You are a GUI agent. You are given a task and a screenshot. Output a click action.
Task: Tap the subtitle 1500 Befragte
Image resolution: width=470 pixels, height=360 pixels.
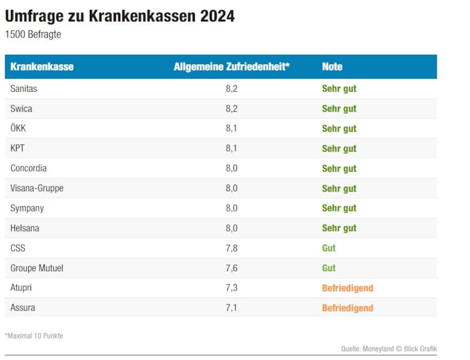tap(32, 34)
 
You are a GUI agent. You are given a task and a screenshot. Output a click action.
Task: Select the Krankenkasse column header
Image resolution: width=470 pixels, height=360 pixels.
tap(42, 67)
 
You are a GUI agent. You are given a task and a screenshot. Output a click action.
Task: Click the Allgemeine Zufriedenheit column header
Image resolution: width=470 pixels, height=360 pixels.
tap(231, 67)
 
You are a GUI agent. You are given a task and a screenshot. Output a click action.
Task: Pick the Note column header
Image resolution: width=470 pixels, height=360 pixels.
tap(332, 67)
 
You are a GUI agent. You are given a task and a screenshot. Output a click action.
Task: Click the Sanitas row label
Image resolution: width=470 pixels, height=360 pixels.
tap(23, 89)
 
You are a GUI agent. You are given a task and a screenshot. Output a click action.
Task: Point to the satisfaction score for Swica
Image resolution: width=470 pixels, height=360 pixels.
tap(231, 109)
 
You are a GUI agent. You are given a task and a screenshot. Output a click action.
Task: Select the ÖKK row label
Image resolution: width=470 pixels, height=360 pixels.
tap(18, 129)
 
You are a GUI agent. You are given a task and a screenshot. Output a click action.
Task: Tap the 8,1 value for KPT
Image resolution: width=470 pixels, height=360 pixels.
tap(231, 148)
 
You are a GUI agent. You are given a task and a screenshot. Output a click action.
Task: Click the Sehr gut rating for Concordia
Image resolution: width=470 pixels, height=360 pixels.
tap(339, 168)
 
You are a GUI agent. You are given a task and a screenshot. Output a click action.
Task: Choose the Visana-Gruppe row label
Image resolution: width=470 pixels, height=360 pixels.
tap(37, 188)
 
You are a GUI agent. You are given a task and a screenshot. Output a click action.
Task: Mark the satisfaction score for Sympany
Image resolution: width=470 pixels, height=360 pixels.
tap(231, 208)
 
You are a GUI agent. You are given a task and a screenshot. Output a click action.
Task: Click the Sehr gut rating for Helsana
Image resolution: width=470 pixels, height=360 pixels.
tap(339, 228)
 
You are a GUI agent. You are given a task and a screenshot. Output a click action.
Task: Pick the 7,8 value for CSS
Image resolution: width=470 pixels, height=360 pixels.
tap(231, 248)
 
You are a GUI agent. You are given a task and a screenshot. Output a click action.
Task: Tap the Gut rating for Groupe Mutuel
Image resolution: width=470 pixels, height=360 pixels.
tap(328, 268)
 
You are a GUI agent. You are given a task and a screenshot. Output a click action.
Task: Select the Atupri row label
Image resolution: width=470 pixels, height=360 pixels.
tap(21, 288)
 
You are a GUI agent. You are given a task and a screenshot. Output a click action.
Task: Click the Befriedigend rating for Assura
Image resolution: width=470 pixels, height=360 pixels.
tap(347, 308)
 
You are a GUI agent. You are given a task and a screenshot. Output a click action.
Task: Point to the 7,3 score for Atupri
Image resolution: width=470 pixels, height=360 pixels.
tap(231, 288)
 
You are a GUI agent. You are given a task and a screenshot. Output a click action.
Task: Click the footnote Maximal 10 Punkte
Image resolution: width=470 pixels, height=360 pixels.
tap(34, 336)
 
